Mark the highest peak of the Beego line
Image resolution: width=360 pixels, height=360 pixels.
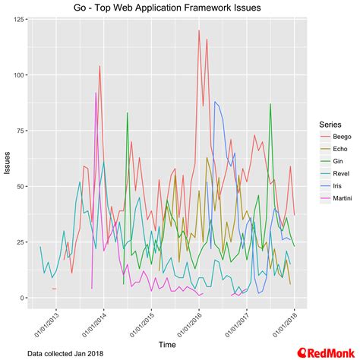(199, 31)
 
